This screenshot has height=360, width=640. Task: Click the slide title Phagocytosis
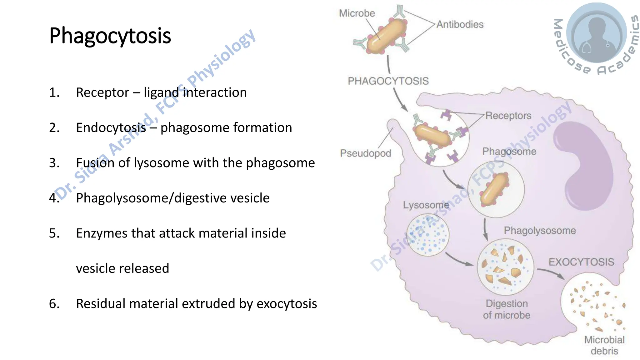110,36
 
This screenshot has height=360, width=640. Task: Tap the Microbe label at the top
357,13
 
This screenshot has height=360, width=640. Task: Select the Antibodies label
460,24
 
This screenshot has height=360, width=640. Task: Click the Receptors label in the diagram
508,116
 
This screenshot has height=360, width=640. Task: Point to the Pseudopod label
365,153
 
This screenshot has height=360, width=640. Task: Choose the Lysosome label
426,205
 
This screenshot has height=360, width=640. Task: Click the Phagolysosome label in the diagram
540,231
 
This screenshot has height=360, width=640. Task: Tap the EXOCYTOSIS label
581,262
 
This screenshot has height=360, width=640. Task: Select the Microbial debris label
604,345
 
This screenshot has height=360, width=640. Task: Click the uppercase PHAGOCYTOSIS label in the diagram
388,81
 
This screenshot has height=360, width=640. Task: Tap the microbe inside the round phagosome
495,189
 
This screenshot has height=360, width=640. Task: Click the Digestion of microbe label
507,309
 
